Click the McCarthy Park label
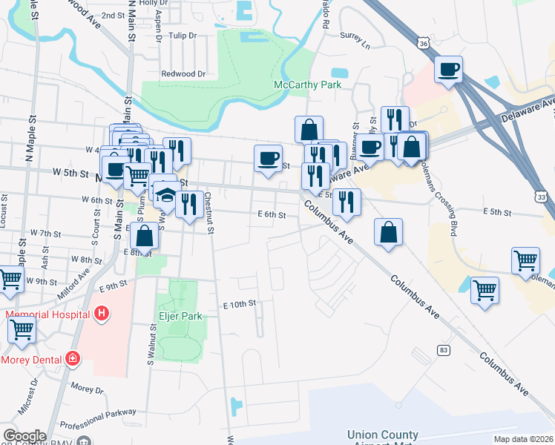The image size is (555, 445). point(307,85)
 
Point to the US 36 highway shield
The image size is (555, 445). point(423,44)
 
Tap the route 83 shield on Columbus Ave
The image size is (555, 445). point(444,349)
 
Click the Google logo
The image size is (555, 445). point(24,436)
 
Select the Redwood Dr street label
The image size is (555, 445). point(183,74)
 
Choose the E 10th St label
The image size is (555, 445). point(239,304)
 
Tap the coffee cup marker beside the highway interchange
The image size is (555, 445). point(448,70)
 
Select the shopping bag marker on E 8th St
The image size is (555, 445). point(145,235)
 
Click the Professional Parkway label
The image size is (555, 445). point(99,418)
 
